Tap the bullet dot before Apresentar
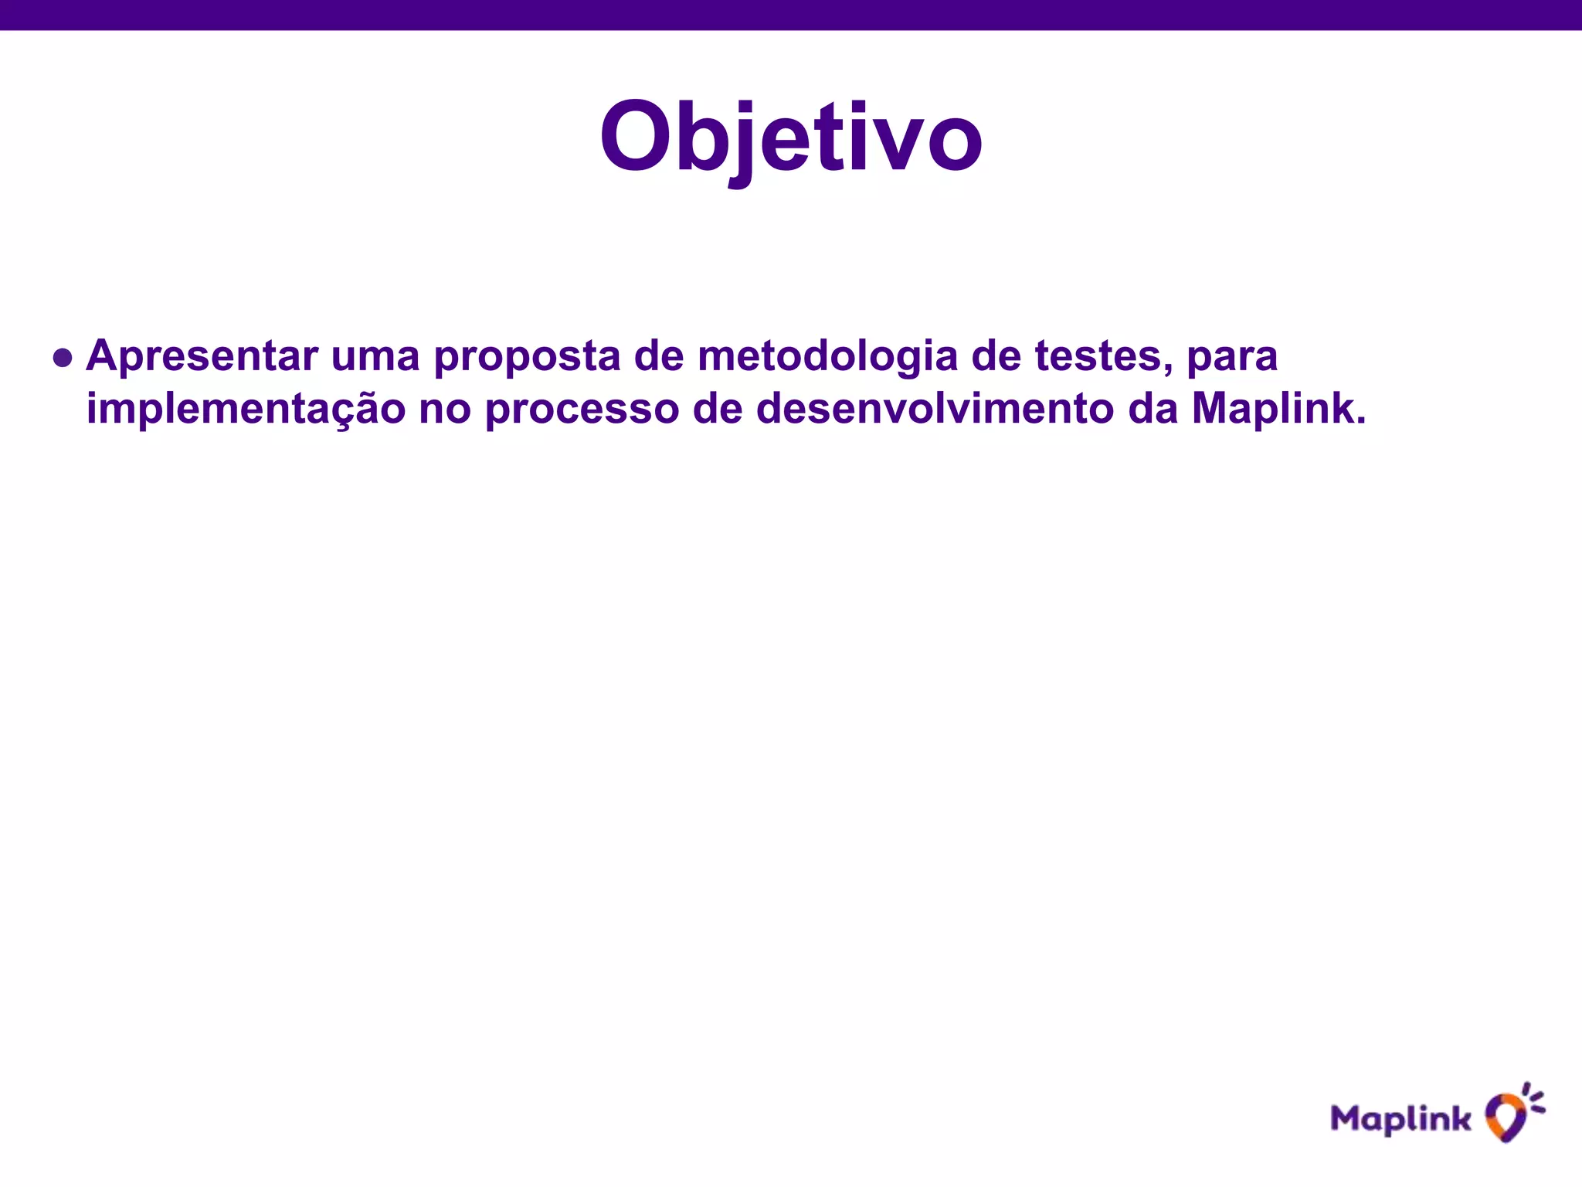[63, 359]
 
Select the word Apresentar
[202, 357]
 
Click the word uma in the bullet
[375, 357]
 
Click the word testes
[1101, 357]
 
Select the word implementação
[246, 410]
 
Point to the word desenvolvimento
[935, 408]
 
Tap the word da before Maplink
[1153, 408]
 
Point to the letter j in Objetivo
[743, 143]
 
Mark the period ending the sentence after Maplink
[1360, 422]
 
